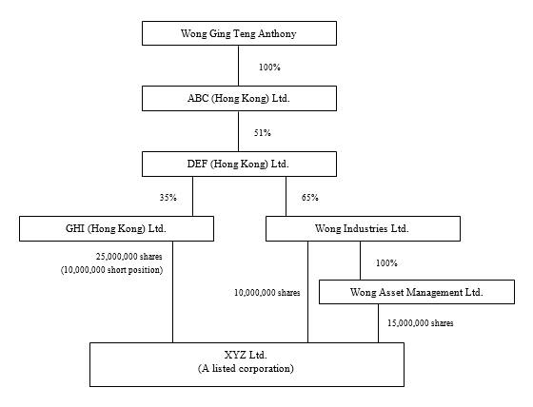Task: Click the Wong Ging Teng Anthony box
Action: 239,33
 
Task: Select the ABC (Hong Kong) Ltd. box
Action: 239,99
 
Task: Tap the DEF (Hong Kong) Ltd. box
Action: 239,165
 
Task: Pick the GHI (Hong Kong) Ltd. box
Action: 116,228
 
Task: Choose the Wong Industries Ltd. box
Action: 363,228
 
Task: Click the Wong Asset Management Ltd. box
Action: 417,292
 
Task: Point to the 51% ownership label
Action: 263,133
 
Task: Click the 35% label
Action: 168,198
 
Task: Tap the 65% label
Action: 310,198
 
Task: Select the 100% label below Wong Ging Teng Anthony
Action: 270,68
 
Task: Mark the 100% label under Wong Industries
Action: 386,263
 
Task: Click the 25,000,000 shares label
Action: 128,257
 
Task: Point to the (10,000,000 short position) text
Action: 112,270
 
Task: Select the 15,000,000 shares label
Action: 421,323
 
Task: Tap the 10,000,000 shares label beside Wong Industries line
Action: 267,293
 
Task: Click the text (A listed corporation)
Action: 246,369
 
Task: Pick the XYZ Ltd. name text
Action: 246,355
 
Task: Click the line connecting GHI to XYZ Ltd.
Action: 172,292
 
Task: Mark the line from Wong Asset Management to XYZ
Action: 379,323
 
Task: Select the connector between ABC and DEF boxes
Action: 238,131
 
